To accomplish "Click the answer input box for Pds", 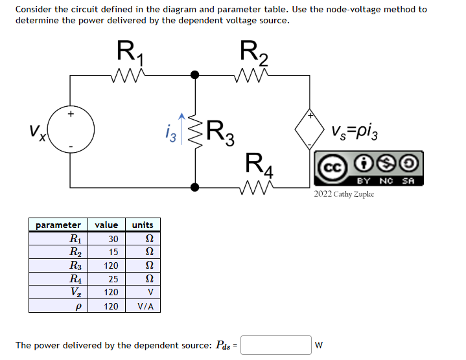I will coord(276,345).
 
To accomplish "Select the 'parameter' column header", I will coord(58,225).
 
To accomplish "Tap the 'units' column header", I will coord(142,225).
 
